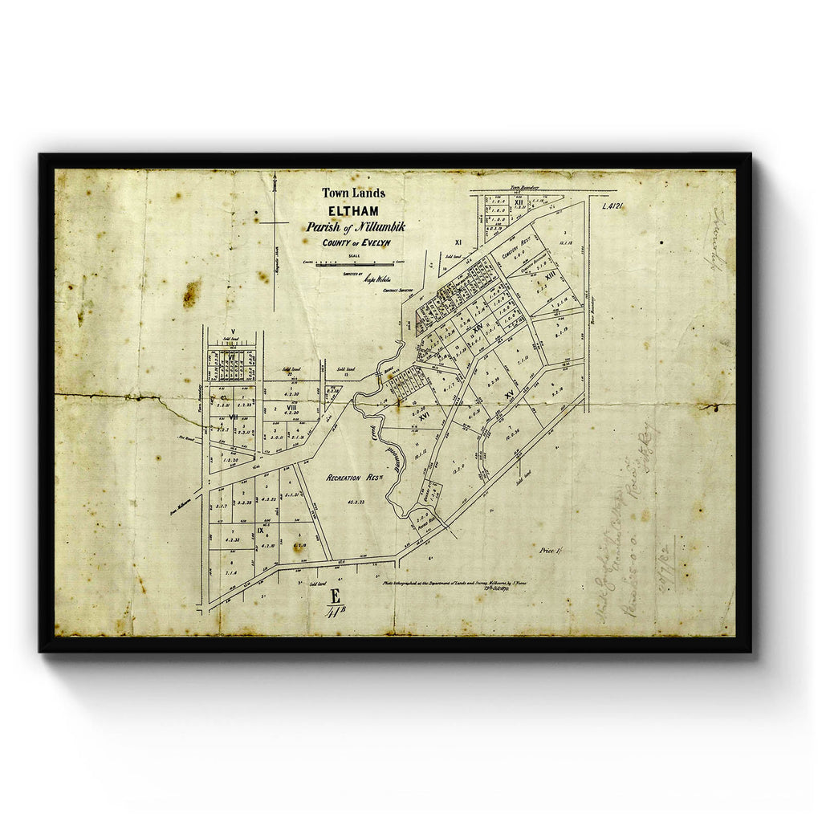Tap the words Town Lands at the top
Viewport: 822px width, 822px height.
coord(353,193)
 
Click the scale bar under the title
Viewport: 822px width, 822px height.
coord(355,263)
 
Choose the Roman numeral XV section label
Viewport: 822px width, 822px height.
coord(509,395)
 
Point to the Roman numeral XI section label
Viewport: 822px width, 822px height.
coord(458,242)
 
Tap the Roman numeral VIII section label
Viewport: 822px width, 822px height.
coord(291,408)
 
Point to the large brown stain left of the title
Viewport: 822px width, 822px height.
coord(191,294)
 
